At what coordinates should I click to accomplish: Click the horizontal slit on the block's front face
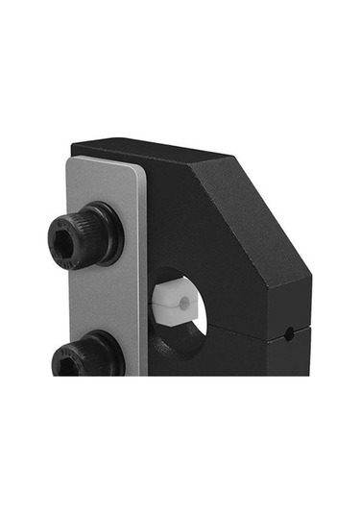click(240, 328)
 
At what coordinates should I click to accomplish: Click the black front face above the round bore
click(192, 221)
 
